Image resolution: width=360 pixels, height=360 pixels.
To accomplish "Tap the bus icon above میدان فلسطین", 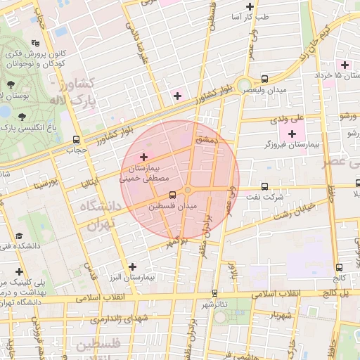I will coord(173,195).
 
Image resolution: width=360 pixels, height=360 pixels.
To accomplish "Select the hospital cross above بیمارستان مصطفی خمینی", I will coord(144,156).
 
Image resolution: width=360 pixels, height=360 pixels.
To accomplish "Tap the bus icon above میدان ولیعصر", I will coord(264,79).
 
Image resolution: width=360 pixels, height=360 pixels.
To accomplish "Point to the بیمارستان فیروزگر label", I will coord(291,144).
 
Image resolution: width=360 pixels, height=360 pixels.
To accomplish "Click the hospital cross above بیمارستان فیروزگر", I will coord(292,133).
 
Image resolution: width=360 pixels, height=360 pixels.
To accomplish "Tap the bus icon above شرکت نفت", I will coord(264,187).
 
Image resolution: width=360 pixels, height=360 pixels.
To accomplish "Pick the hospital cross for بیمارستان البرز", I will coord(133,266).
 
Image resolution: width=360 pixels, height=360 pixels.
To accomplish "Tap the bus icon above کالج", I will coord(340,267).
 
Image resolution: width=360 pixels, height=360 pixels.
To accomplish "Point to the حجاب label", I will coord(76,149).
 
